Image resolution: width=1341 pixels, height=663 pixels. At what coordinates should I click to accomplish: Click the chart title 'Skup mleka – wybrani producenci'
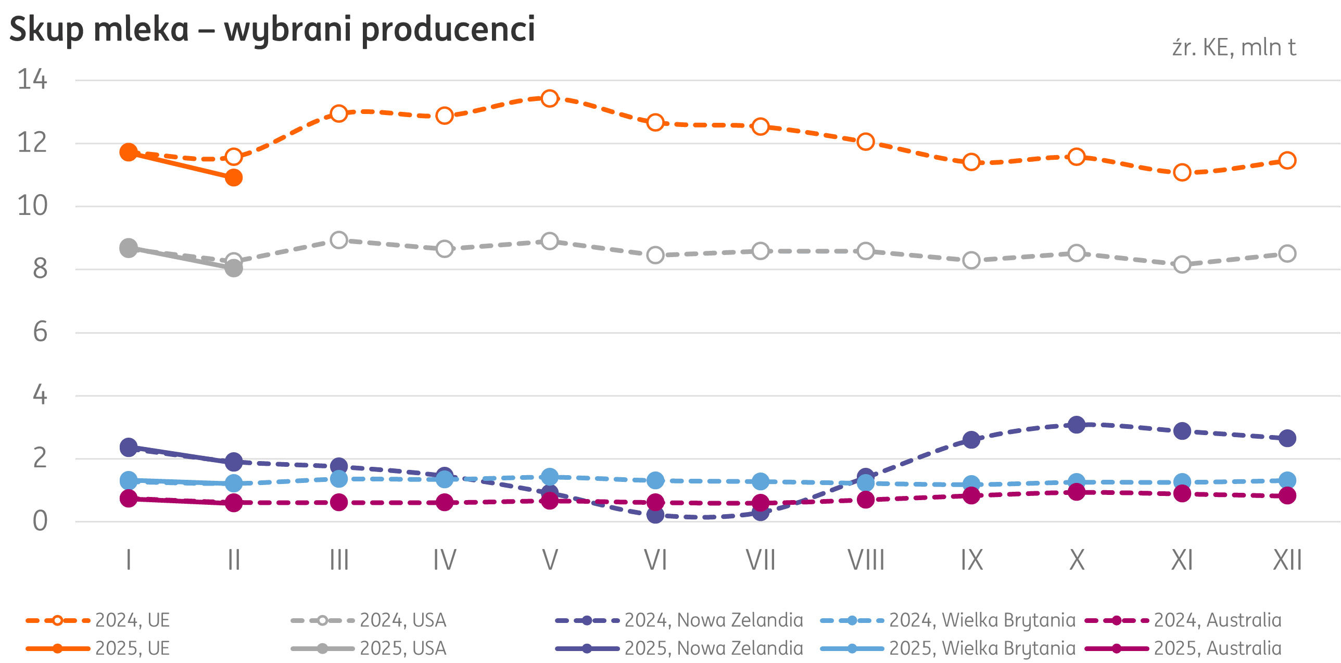tap(272, 29)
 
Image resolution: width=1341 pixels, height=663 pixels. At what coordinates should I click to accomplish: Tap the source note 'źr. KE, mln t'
tap(1234, 48)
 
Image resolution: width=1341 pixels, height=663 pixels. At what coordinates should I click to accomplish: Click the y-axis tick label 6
tap(40, 332)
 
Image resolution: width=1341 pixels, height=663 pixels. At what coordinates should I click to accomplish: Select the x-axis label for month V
tap(550, 560)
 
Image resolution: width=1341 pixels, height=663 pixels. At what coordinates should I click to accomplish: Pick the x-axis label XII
tap(1287, 560)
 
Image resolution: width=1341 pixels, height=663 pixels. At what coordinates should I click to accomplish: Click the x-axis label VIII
tap(866, 560)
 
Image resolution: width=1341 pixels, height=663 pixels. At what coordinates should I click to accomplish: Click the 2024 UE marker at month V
tap(550, 98)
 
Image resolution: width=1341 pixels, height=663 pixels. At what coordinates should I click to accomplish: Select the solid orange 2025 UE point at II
tap(234, 178)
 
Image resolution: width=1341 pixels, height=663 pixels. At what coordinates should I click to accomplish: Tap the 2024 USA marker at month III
tap(339, 240)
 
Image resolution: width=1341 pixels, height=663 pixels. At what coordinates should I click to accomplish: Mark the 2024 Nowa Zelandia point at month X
tap(1077, 425)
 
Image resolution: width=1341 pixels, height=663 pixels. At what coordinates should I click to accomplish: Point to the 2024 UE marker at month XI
tap(1182, 172)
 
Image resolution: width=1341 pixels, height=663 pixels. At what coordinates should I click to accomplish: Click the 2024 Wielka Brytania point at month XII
tap(1287, 480)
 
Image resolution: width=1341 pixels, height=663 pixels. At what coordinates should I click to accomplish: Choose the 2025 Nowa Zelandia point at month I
tap(129, 447)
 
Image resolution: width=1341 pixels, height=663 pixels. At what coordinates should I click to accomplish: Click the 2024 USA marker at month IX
tap(971, 260)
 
